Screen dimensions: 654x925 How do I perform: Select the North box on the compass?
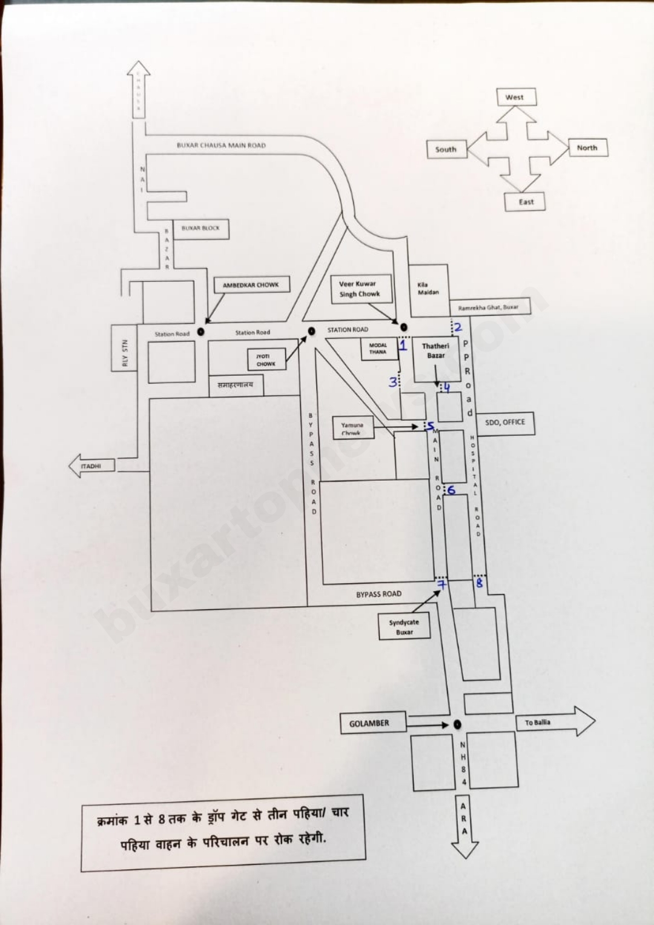pos(587,148)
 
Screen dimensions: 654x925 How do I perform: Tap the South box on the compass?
pos(446,149)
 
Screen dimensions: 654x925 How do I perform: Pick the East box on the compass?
pos(526,202)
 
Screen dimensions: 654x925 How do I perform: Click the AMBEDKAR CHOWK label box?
pos(251,285)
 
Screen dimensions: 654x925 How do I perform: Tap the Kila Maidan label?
pos(428,289)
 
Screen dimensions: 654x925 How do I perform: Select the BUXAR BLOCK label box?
pos(200,229)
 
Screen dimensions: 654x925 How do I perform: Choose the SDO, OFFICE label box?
pos(506,422)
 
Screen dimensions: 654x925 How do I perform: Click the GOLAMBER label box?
pos(369,723)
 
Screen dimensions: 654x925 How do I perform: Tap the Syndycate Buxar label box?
pos(404,627)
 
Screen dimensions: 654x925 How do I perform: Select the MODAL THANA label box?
pos(378,349)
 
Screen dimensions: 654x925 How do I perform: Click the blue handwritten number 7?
pos(442,585)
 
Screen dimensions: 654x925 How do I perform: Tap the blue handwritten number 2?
pos(458,328)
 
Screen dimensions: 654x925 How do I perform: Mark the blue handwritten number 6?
pos(451,490)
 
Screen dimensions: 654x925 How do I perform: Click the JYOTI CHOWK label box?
pos(266,360)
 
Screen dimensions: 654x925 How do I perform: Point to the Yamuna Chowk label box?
pos(352,429)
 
